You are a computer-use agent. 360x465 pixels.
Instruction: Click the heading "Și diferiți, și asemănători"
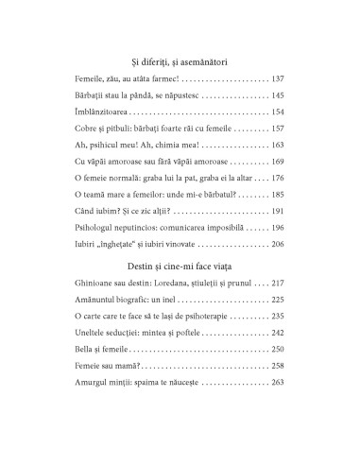coord(180,61)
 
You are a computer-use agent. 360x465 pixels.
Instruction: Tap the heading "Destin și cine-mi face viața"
coord(180,259)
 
